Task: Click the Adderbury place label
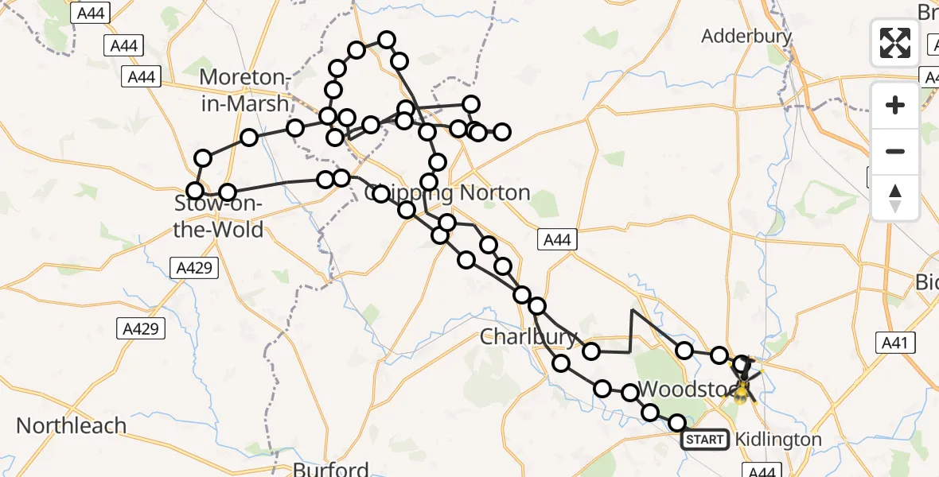[x=746, y=36]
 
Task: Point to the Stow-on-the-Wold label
[x=219, y=217]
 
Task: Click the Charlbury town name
[x=529, y=337]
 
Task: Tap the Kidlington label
[x=778, y=439]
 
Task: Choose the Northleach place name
[x=72, y=425]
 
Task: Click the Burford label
[x=331, y=468]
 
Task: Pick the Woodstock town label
[x=680, y=390]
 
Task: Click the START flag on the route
[x=705, y=440]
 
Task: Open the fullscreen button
[x=895, y=42]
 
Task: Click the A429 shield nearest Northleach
[x=140, y=327]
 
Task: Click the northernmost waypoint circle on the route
[x=387, y=40]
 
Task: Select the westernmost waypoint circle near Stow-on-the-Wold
[x=195, y=190]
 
